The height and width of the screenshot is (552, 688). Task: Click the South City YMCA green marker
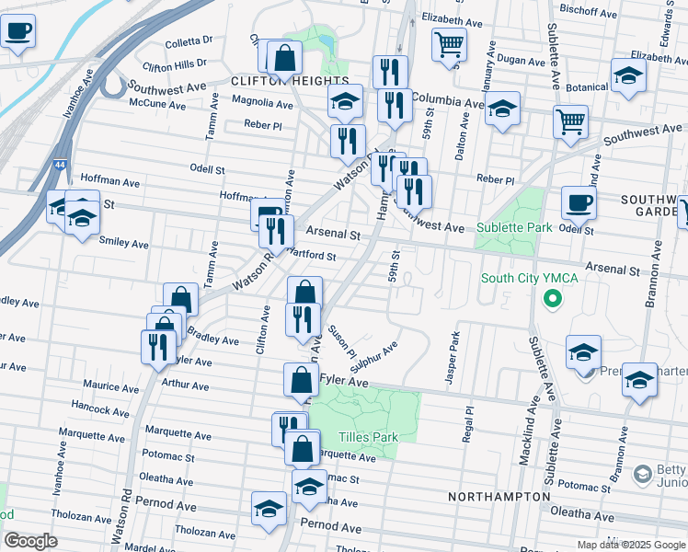click(x=552, y=298)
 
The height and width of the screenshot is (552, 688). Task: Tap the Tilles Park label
click(x=368, y=437)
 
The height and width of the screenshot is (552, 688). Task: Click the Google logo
click(x=30, y=541)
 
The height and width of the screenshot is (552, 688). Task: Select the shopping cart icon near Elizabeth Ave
click(x=448, y=44)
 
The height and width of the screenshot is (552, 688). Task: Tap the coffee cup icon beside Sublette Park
click(x=579, y=203)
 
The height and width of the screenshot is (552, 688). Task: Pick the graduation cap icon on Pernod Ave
click(x=269, y=508)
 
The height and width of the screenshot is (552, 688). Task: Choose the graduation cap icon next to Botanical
click(x=628, y=76)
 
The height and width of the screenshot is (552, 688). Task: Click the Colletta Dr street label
click(x=189, y=40)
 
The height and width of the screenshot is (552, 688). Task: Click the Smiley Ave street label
click(x=124, y=244)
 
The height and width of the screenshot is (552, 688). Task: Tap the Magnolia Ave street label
click(x=262, y=105)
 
